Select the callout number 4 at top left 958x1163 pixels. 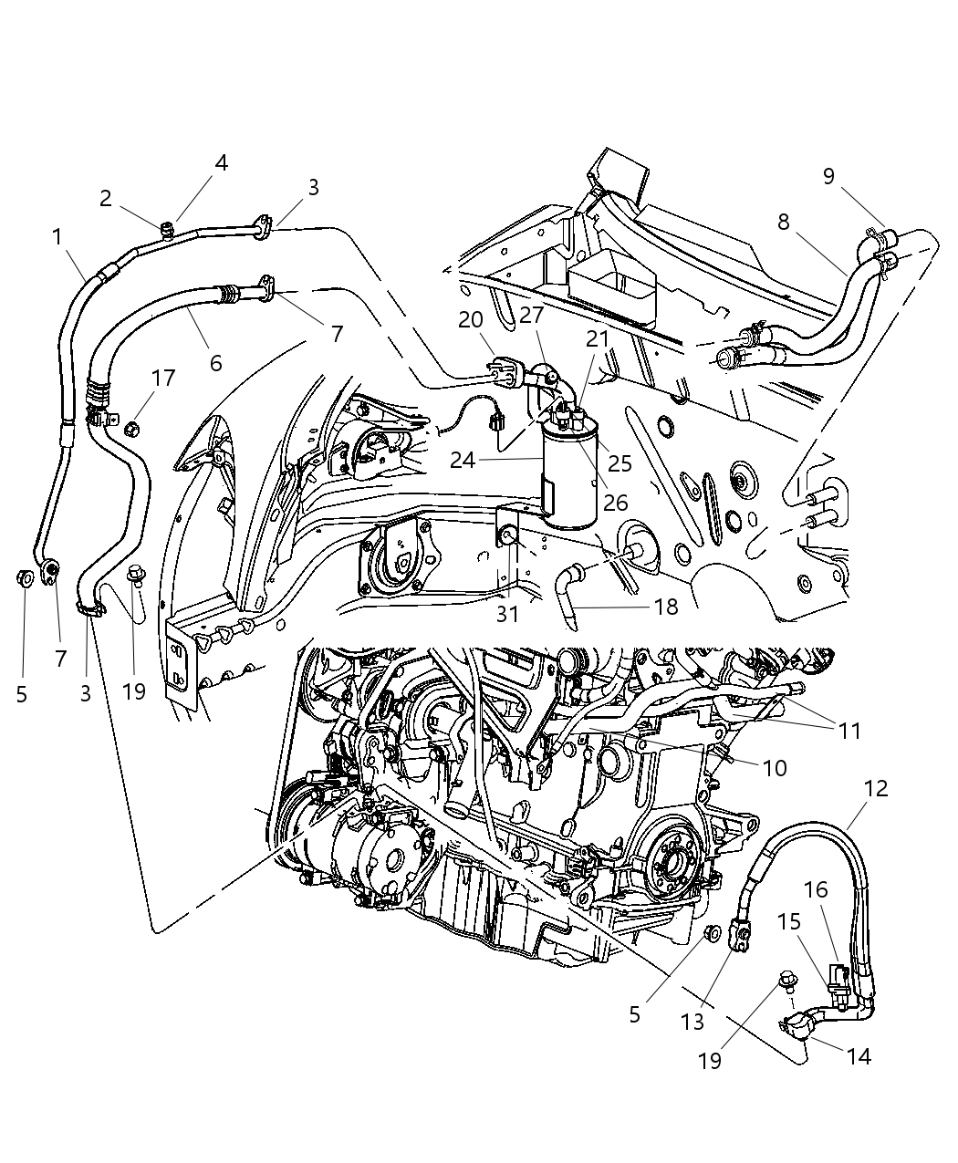coord(221,163)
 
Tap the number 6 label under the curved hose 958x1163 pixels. coord(215,362)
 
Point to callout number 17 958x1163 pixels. coord(163,378)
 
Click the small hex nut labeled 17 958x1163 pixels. coord(130,427)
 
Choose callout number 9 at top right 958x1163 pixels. coord(828,176)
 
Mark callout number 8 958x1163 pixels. coord(783,222)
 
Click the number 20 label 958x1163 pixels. coord(471,319)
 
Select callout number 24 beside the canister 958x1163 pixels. coord(463,460)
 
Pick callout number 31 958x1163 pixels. coord(507,615)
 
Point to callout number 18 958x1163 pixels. coord(666,607)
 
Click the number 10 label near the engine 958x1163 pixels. coord(774,768)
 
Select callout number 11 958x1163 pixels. coord(849,731)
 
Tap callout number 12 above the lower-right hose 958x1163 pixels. coord(875,788)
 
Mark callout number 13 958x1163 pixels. coord(692,1022)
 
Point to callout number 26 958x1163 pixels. coord(616,503)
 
